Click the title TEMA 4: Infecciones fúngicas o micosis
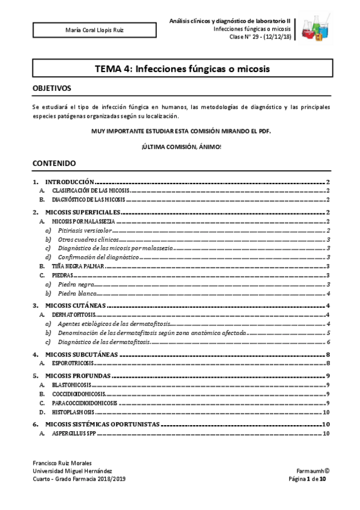(x=182, y=69)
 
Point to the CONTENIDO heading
(x=54, y=163)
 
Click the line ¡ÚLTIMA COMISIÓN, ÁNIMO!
(x=181, y=147)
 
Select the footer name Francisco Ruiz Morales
(x=62, y=463)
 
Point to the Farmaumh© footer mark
(x=311, y=471)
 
